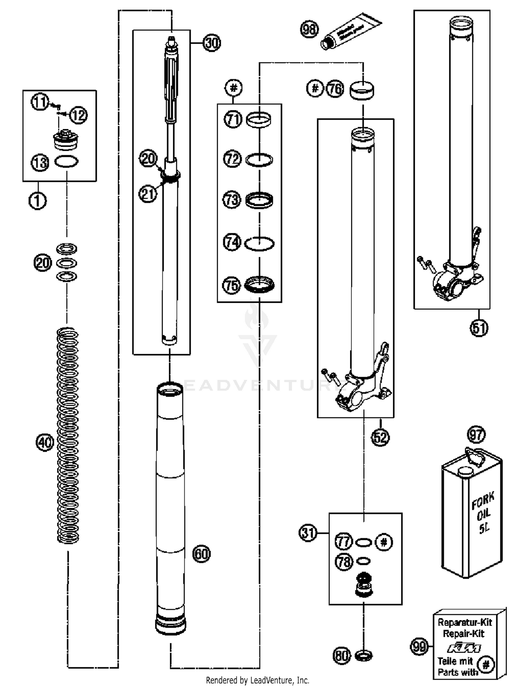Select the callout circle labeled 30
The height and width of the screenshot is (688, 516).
click(x=211, y=43)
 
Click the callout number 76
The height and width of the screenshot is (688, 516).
click(x=335, y=89)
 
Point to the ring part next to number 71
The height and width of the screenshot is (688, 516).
click(x=259, y=120)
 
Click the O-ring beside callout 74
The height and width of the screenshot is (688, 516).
click(x=259, y=244)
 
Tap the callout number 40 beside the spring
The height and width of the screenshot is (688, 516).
click(x=45, y=442)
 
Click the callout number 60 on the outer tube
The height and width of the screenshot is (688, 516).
click(x=201, y=554)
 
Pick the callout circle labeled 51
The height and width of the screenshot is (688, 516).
click(x=479, y=328)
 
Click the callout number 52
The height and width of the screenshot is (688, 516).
click(x=380, y=437)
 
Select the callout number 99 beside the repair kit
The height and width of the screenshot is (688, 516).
click(x=419, y=647)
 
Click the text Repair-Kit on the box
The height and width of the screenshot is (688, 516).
click(x=463, y=633)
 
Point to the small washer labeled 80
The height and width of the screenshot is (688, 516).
click(x=363, y=656)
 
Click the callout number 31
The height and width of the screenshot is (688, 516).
click(x=308, y=533)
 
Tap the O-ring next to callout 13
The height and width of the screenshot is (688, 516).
click(x=66, y=162)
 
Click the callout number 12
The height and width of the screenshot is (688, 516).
click(x=78, y=115)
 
